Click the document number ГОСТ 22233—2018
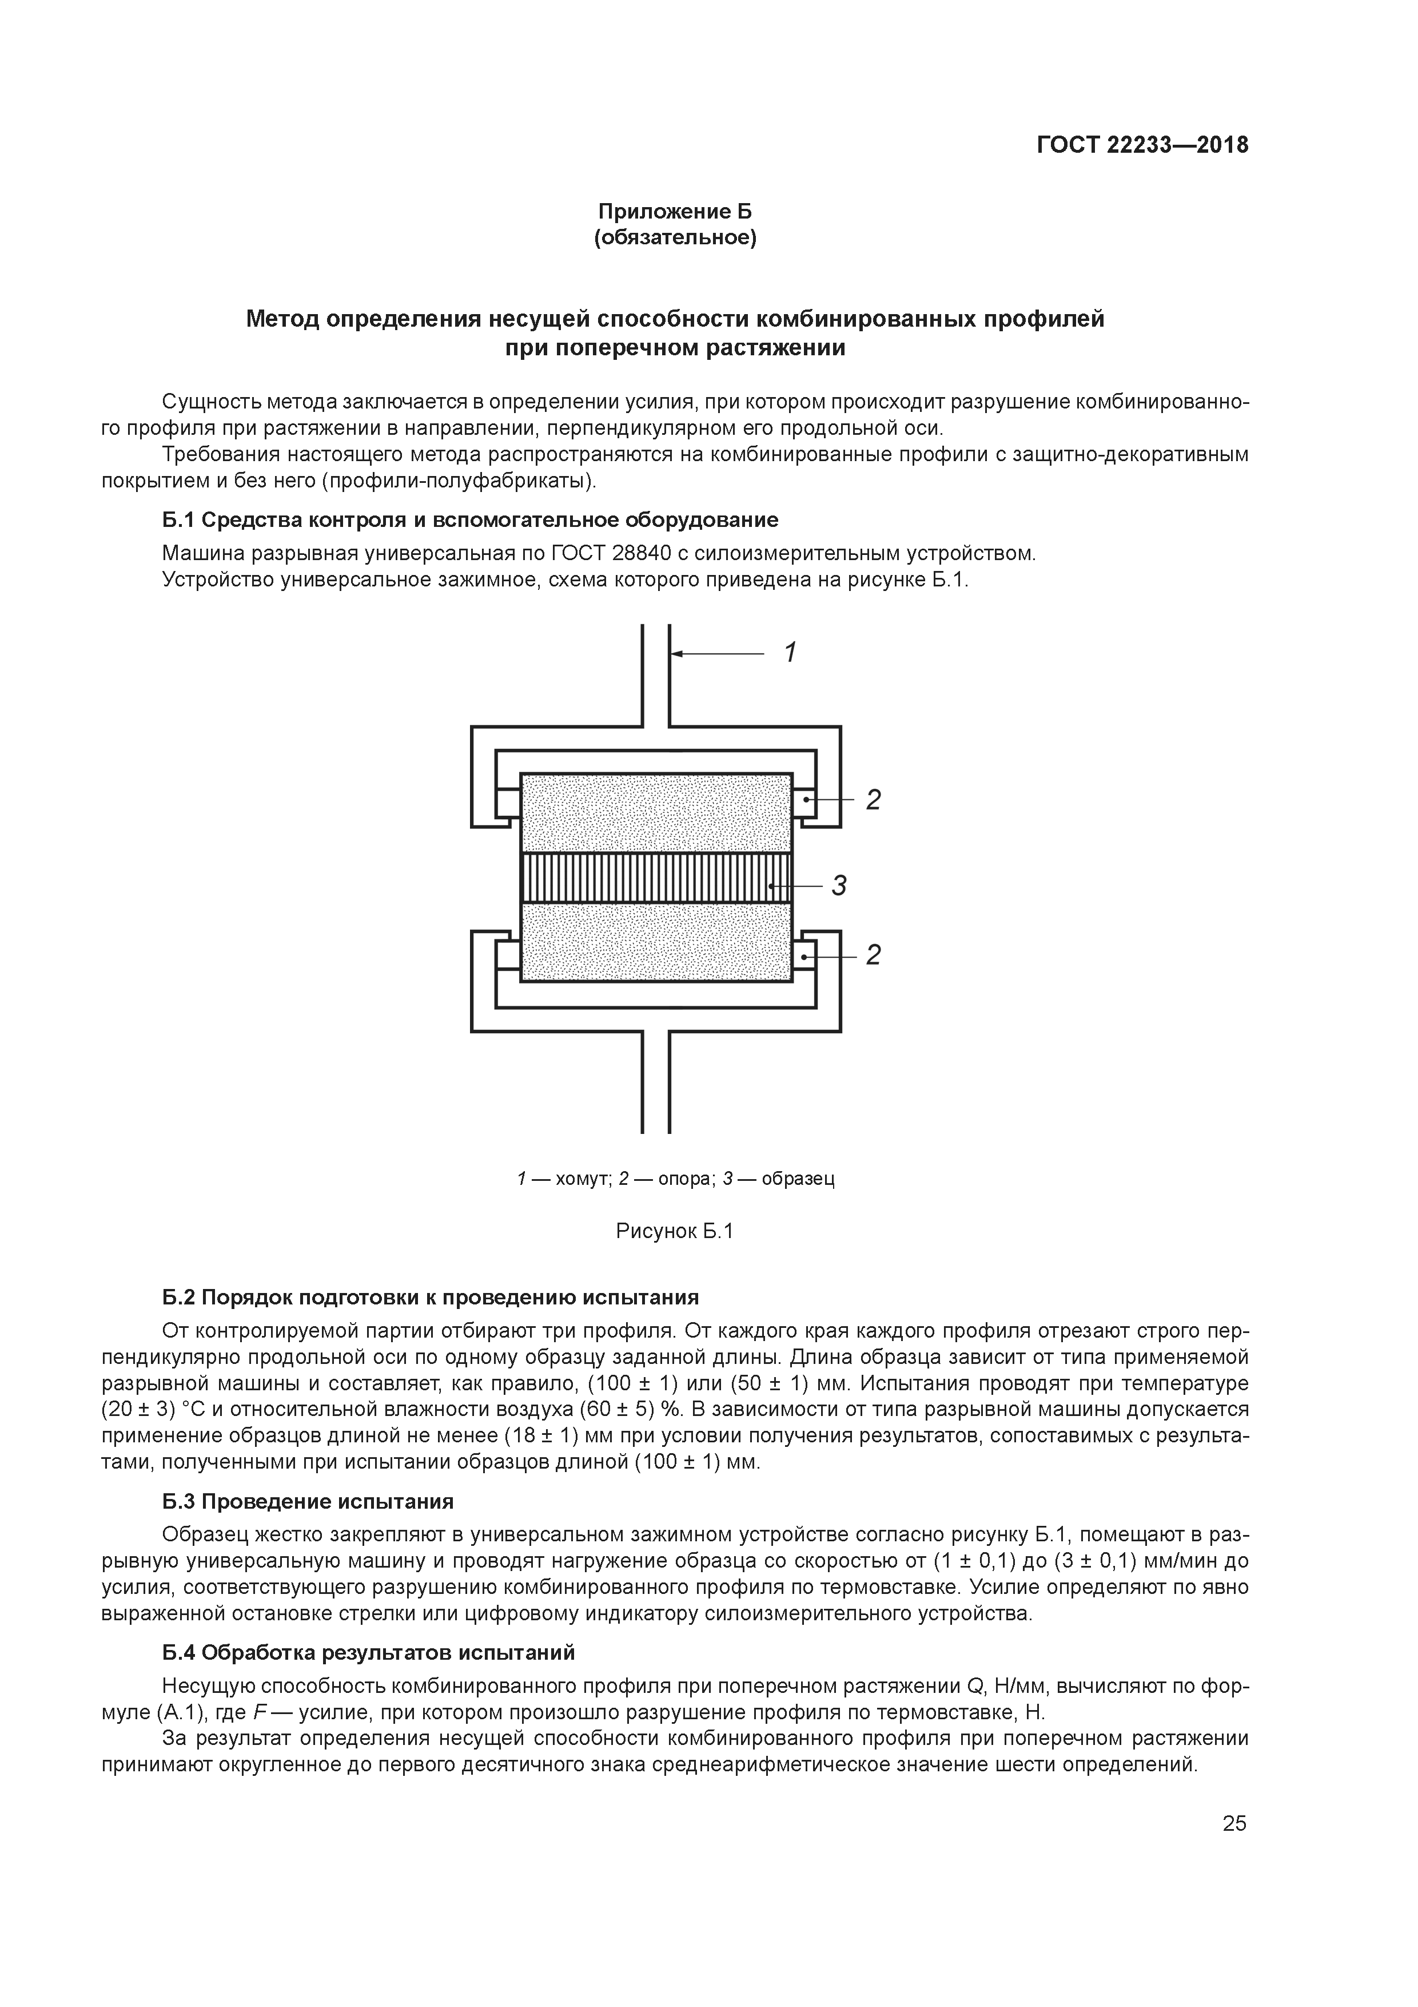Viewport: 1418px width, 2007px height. click(x=1142, y=145)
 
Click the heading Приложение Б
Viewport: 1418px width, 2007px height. click(x=675, y=212)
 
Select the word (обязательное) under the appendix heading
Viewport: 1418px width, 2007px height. click(x=675, y=238)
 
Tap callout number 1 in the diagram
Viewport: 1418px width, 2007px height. click(x=790, y=653)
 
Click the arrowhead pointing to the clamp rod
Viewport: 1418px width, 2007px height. click(x=677, y=653)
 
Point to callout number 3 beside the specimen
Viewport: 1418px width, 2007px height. click(x=839, y=886)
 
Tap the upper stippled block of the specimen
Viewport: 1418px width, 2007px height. click(x=655, y=813)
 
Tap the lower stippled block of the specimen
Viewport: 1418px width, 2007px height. click(x=655, y=942)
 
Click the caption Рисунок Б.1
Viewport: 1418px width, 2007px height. click(x=675, y=1232)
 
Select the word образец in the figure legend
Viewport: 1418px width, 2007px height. click(x=798, y=1179)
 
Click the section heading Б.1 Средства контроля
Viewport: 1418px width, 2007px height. click(x=470, y=520)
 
